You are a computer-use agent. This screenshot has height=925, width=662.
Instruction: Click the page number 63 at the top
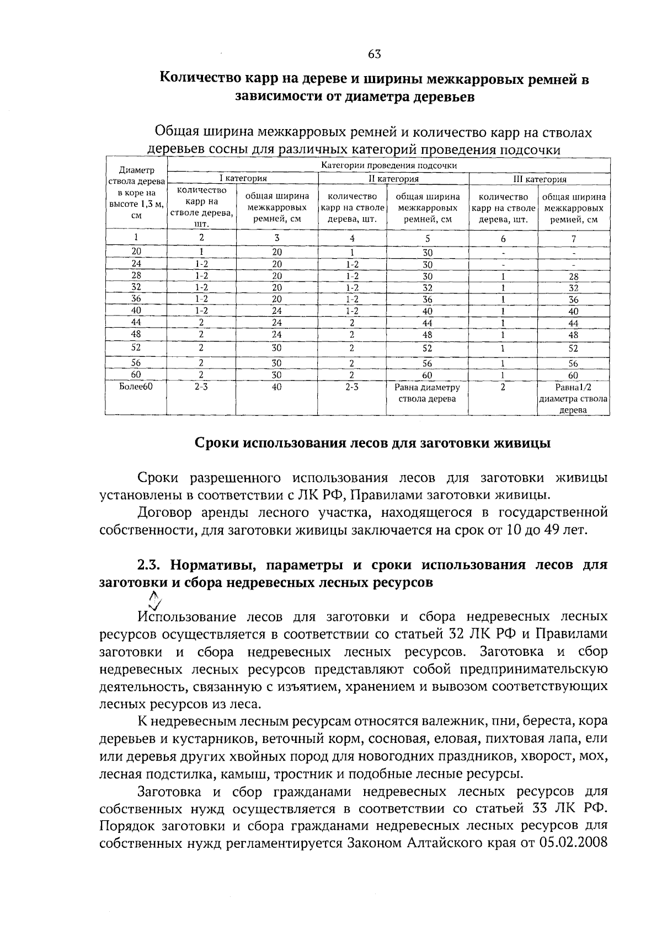374,54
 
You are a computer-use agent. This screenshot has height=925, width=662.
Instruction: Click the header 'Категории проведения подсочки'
389,165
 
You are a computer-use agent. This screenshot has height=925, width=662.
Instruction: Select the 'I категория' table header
243,179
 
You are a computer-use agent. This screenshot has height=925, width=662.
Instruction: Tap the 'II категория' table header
393,179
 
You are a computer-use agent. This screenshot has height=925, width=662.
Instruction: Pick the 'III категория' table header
540,179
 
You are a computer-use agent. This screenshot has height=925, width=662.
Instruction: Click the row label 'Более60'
135,387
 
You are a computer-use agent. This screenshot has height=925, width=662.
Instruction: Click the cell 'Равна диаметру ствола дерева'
427,393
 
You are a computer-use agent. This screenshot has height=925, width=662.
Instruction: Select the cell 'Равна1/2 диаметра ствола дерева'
574,399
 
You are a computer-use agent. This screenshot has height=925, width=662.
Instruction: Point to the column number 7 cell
574,239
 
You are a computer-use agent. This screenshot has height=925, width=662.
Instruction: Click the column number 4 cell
352,239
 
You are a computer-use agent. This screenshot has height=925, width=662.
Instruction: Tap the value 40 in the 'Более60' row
277,387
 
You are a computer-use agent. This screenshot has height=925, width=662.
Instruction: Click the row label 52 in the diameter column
136,347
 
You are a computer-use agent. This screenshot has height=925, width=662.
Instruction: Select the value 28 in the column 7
574,276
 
